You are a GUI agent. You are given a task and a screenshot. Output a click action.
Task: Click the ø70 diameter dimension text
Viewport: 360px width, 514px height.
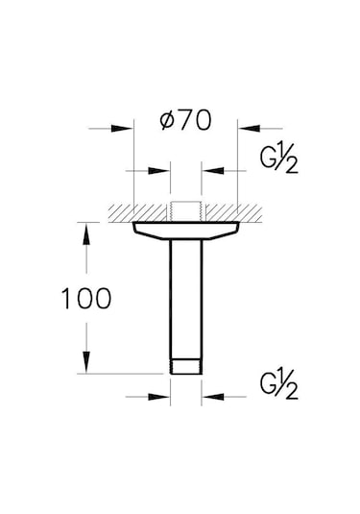point(184,123)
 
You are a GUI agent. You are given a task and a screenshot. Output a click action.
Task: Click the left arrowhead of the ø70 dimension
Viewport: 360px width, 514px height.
point(124,126)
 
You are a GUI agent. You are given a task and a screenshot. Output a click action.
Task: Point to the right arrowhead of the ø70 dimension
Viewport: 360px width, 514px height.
point(245,126)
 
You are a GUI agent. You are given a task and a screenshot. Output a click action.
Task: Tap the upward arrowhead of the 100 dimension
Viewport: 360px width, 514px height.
point(86,231)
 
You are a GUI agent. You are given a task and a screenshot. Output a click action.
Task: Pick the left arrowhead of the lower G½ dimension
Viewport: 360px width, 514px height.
point(162,395)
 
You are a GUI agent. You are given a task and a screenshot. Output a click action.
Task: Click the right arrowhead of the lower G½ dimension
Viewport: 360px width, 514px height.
point(208,395)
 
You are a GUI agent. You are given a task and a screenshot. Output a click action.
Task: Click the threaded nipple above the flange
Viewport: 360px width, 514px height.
point(185,210)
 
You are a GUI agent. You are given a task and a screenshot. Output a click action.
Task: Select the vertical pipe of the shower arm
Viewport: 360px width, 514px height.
point(185,298)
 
